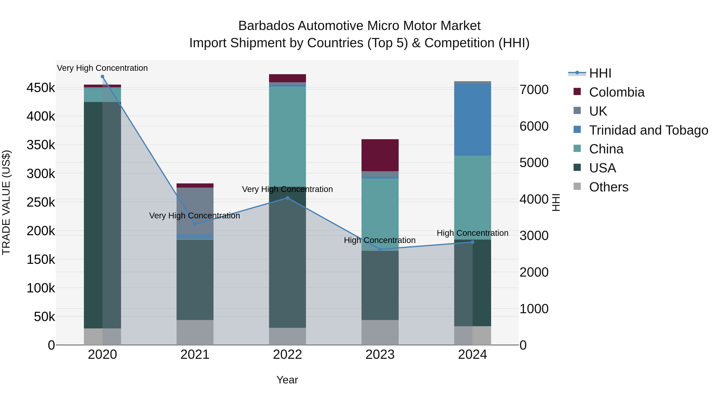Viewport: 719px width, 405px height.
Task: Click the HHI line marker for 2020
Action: pos(102,77)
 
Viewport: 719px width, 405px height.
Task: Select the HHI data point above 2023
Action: pos(380,249)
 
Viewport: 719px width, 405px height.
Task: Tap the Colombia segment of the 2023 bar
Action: pos(380,155)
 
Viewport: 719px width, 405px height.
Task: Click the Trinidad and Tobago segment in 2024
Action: pos(472,120)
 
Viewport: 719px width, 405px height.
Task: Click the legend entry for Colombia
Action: pos(617,92)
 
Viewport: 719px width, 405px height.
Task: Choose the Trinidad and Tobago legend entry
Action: pos(648,130)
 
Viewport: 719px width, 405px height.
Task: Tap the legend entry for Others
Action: pos(609,187)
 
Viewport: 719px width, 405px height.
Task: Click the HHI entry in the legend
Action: pos(600,73)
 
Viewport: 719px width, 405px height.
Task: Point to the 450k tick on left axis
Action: pos(41,88)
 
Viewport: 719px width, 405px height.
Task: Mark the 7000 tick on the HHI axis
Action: pos(534,90)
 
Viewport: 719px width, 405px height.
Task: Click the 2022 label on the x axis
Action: pos(287,355)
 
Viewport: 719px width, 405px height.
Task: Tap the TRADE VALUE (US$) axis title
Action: pos(6,202)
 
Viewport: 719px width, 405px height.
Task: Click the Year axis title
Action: pos(287,380)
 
